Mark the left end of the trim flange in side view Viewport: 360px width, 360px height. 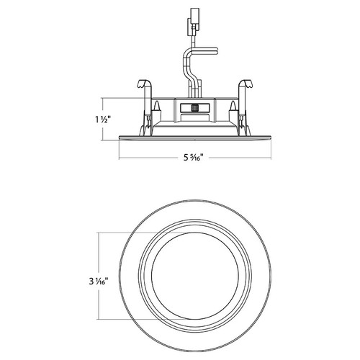(x=120, y=138)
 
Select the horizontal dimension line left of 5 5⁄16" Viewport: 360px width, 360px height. (x=144, y=158)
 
